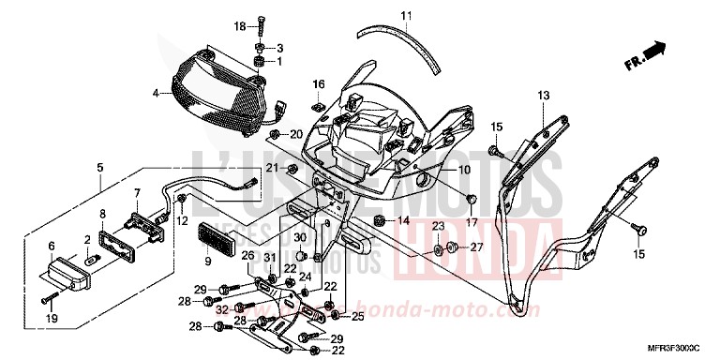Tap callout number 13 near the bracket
(543, 96)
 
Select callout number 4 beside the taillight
(157, 93)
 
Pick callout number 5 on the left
(98, 169)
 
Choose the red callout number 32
(220, 307)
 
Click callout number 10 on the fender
(437, 170)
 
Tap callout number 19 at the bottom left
(52, 320)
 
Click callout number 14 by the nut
(405, 221)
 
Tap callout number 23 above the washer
(438, 227)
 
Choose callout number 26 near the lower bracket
(248, 255)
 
